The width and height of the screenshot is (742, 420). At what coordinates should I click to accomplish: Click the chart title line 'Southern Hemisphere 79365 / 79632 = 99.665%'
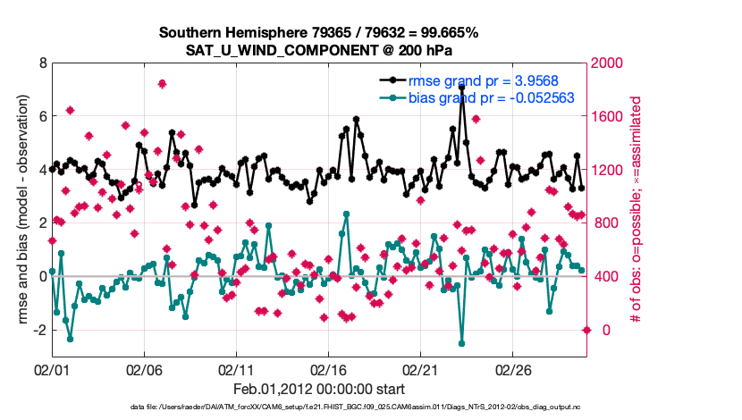point(319,32)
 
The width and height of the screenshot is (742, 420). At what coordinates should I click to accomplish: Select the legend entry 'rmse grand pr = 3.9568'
point(477,80)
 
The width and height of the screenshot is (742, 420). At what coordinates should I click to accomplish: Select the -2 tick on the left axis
point(38,330)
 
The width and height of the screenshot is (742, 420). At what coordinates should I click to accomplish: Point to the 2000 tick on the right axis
point(611,63)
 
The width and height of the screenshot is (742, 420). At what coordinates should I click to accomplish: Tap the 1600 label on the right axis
point(611,116)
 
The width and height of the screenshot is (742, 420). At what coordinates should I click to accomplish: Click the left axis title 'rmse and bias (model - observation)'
point(20,210)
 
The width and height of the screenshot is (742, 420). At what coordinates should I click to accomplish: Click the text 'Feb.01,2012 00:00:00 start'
point(319,390)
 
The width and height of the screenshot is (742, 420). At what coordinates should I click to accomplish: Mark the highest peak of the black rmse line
point(461,88)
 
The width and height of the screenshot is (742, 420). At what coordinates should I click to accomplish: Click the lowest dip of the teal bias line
point(462,343)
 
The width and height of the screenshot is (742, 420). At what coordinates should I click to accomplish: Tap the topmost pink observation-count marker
point(162,84)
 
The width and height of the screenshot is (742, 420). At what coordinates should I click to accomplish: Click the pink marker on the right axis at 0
point(586,330)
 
